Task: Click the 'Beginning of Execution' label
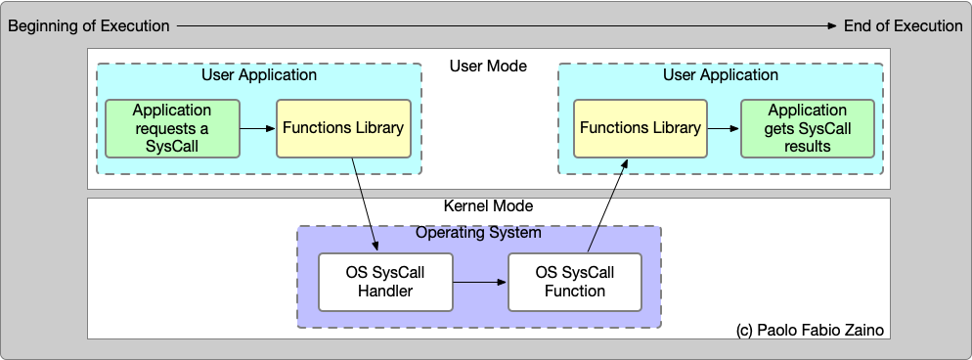(89, 26)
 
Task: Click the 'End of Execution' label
(898, 26)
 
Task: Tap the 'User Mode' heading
(488, 67)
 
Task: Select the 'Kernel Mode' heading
(488, 207)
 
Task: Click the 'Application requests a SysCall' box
(172, 128)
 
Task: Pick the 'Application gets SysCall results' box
(807, 128)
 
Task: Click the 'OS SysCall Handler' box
(386, 282)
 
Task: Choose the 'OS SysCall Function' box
(575, 282)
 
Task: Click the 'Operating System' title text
(478, 233)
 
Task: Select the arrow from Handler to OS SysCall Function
(480, 282)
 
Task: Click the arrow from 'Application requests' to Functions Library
(258, 128)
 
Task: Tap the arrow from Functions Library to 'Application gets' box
(723, 128)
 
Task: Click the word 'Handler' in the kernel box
(386, 291)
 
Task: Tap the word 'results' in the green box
(807, 146)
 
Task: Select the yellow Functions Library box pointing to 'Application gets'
(640, 128)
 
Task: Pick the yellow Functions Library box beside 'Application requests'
(342, 128)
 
